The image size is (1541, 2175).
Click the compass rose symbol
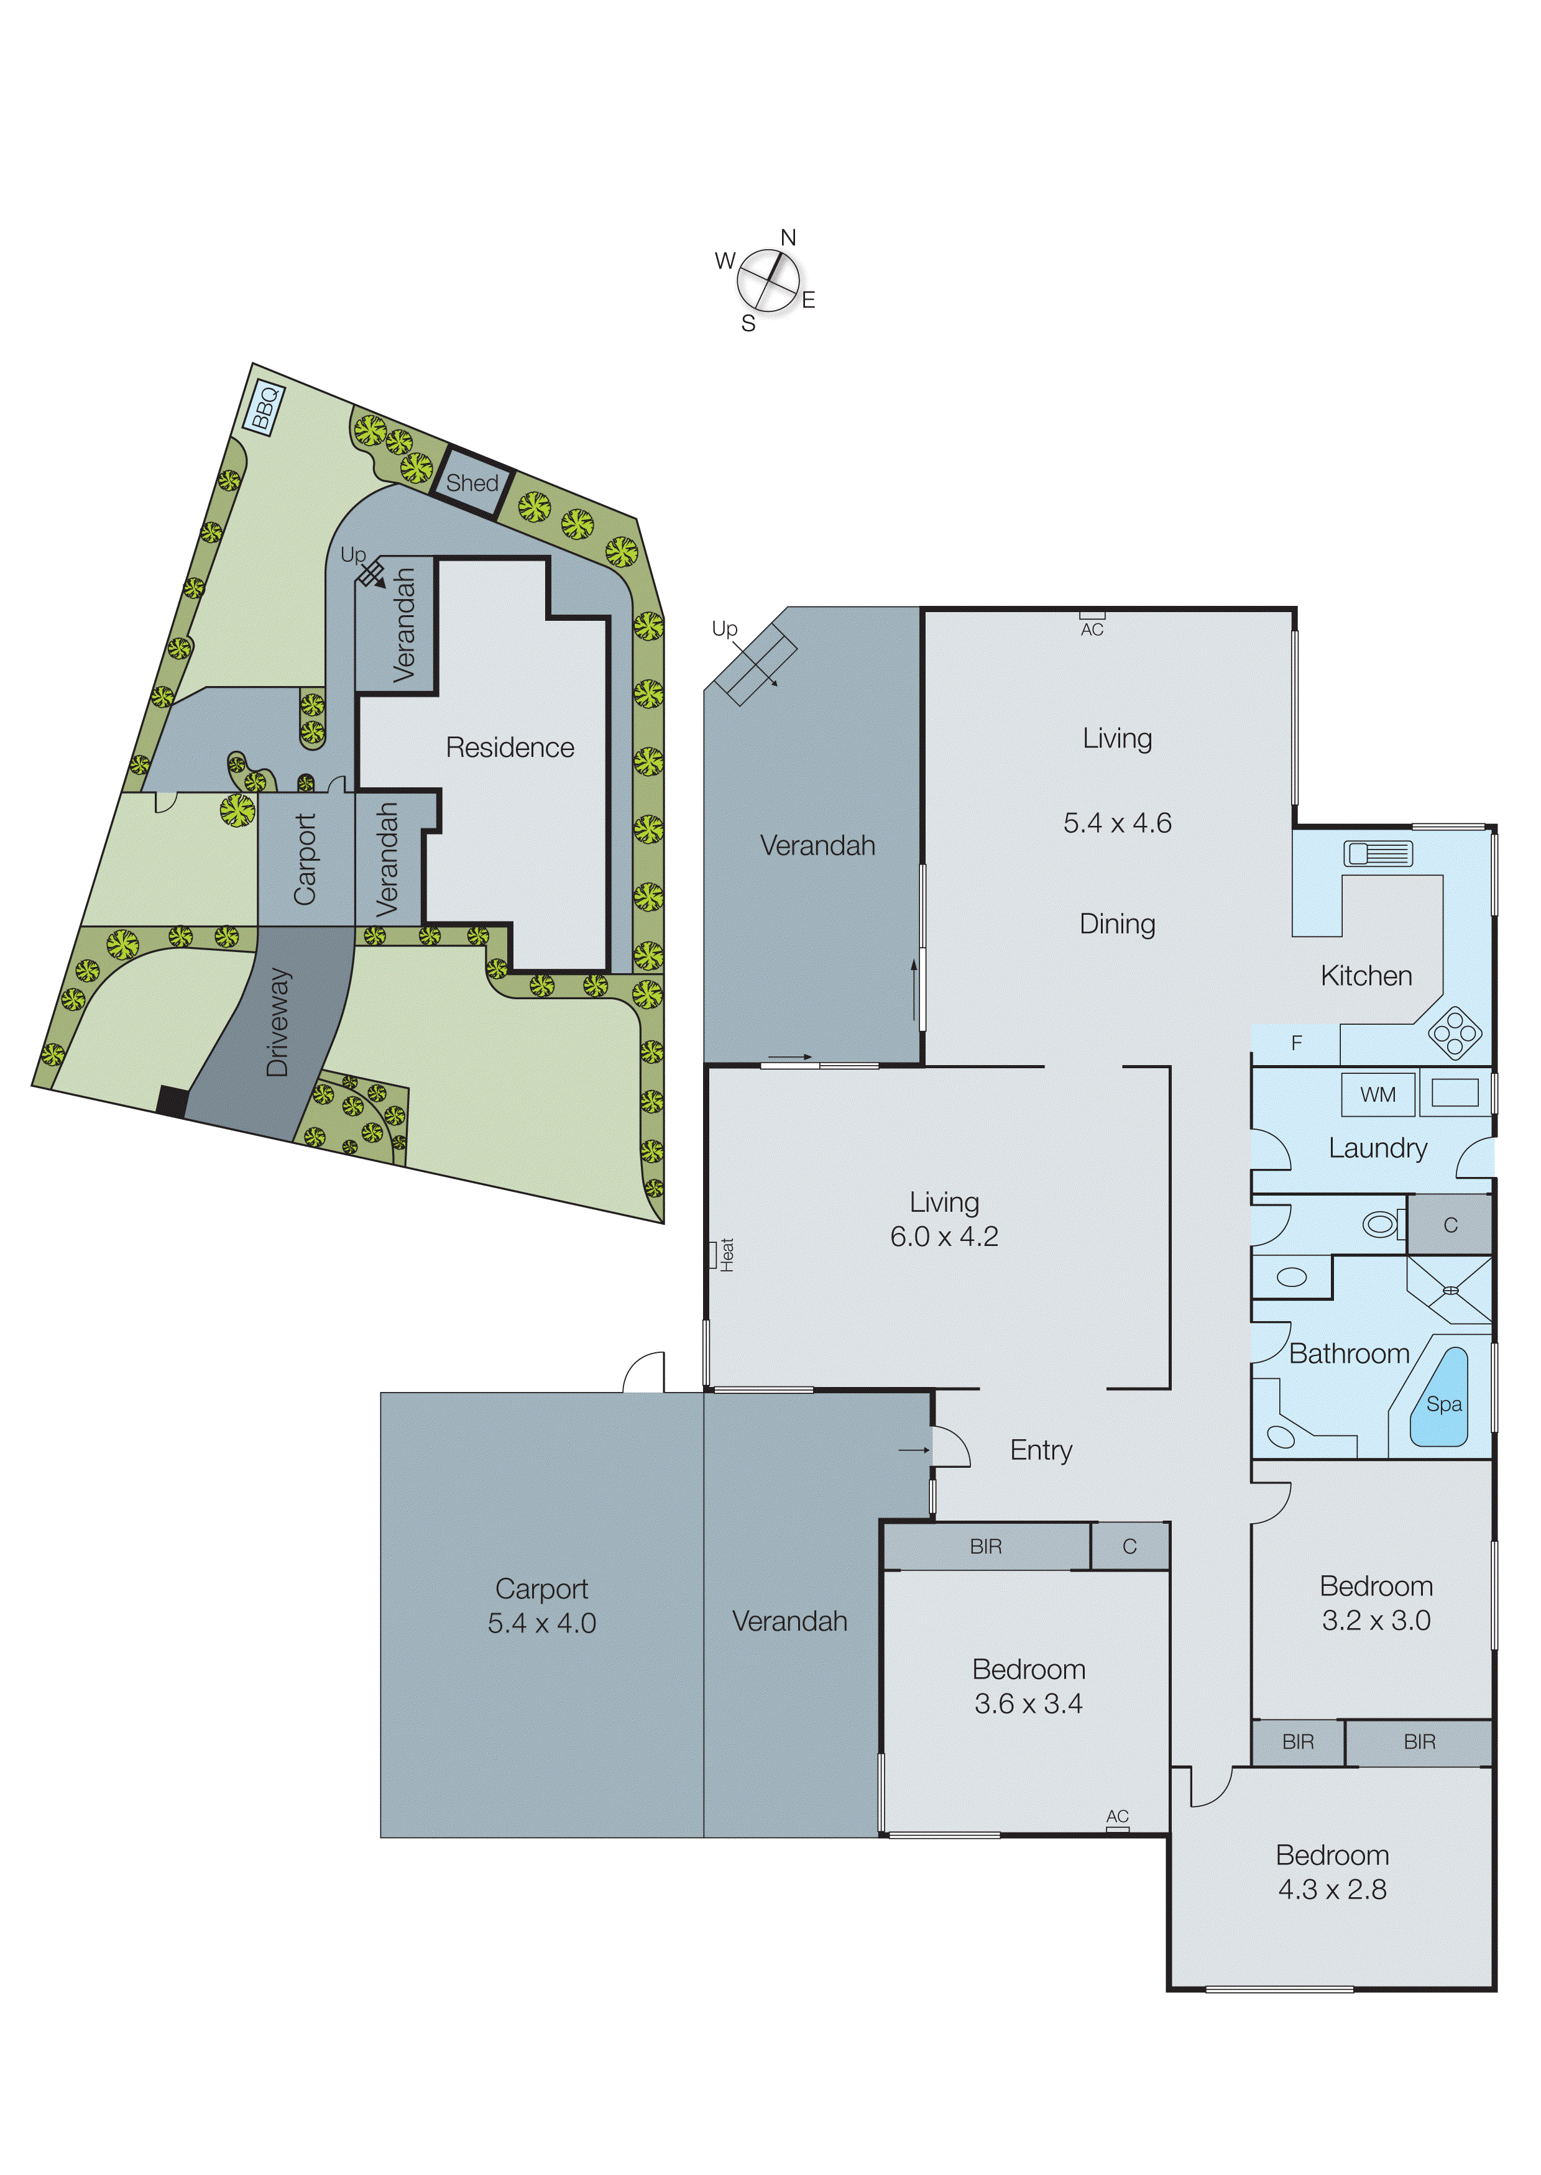pos(768,281)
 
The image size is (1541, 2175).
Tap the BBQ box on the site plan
pos(265,408)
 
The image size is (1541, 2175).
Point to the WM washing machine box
pos(1377,1094)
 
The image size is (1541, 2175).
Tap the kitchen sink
pos(1378,854)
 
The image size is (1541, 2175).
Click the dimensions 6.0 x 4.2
pos(944,1237)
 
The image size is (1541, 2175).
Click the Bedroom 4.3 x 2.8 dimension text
pos(1332,1890)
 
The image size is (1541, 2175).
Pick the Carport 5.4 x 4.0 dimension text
pos(542,1623)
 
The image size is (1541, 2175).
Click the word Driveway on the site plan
pos(277,1022)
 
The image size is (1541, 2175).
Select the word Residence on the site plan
pos(510,748)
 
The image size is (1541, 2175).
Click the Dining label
pos(1117,924)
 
